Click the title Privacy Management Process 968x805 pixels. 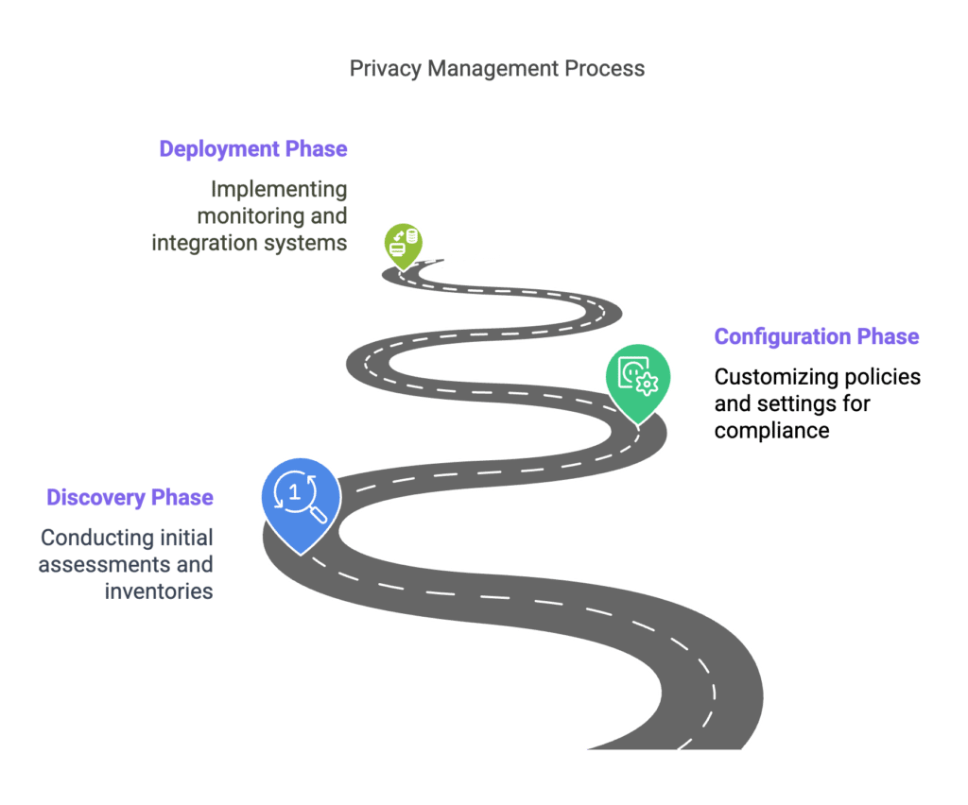[x=497, y=68]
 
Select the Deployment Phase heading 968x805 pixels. [x=253, y=149]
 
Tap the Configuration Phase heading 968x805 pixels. [x=816, y=336]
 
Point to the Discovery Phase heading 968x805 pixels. [x=130, y=497]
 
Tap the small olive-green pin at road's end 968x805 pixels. [x=403, y=246]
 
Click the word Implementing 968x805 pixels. [x=279, y=189]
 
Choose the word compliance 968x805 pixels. [x=771, y=431]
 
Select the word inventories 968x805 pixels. [x=159, y=591]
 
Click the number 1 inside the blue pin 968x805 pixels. [x=295, y=492]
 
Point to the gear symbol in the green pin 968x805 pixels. [x=647, y=384]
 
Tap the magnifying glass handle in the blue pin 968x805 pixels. [x=319, y=514]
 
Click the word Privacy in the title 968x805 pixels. [x=386, y=68]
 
